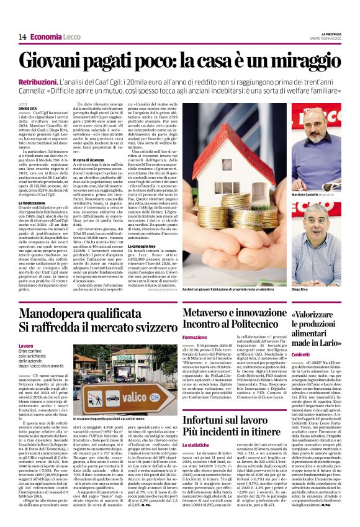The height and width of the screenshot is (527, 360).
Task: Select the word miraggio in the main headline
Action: pos(300,62)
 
